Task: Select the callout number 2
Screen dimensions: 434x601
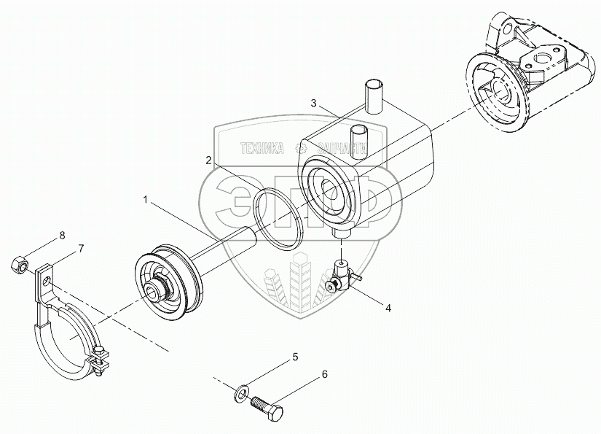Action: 208,160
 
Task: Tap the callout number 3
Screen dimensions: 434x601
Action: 313,104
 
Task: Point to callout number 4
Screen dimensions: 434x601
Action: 388,308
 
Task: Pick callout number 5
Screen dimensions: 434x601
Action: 296,357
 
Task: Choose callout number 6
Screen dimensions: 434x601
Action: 324,375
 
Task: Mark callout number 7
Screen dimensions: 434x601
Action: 81,248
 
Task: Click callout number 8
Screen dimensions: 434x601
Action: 62,235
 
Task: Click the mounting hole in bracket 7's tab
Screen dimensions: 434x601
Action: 46,278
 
